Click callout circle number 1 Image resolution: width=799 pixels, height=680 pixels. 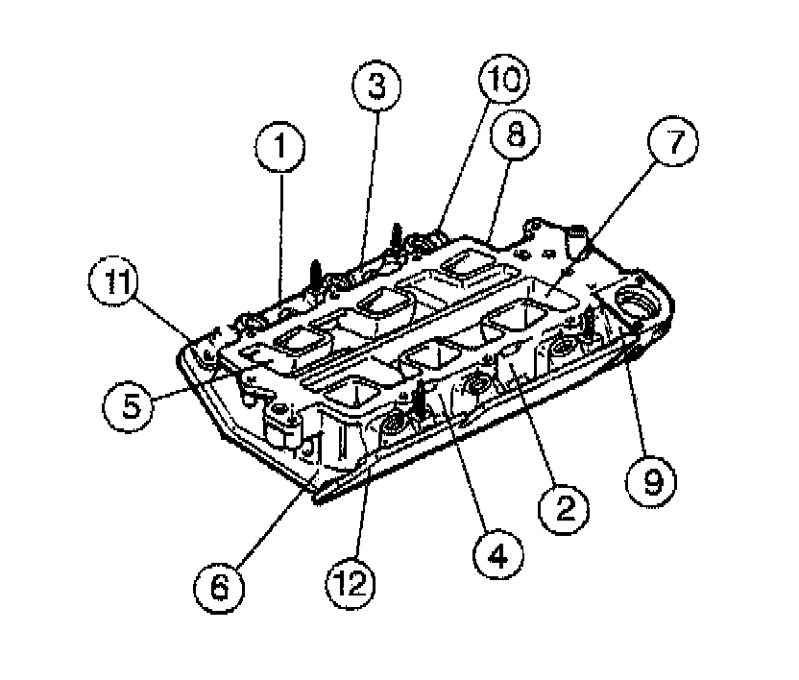tap(279, 150)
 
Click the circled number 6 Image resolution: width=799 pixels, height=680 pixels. tap(219, 585)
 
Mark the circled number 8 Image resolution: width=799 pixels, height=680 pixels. tap(517, 137)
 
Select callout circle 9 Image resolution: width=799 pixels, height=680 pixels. tap(651, 479)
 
